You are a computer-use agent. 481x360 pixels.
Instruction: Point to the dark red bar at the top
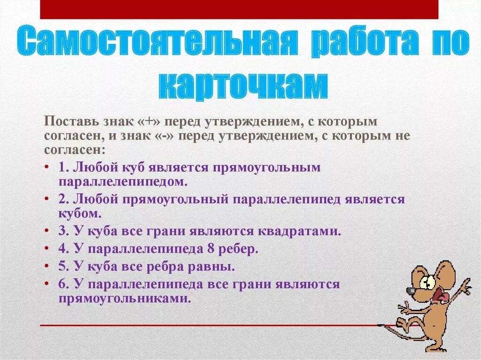tap(239, 9)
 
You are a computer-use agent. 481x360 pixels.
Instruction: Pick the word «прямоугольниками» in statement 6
tap(124, 299)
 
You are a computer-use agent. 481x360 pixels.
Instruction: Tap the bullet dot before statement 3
tap(47, 231)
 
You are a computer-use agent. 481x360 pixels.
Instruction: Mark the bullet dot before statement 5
tap(47, 267)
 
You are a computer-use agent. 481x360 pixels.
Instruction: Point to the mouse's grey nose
tap(411, 291)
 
